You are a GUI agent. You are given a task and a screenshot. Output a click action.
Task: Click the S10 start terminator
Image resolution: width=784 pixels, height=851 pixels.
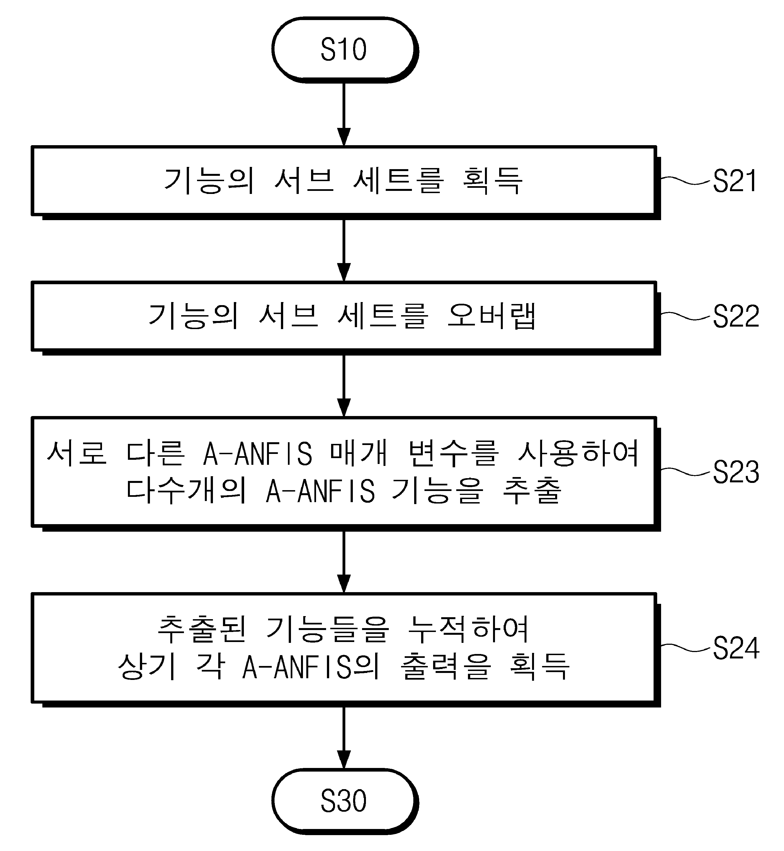[344, 50]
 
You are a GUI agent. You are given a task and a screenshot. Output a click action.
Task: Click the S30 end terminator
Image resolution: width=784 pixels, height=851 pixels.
[344, 801]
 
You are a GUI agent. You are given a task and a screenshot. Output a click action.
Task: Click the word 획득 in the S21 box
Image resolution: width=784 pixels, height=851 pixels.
[492, 181]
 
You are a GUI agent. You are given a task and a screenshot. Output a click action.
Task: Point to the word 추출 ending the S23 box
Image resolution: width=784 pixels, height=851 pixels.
[532, 491]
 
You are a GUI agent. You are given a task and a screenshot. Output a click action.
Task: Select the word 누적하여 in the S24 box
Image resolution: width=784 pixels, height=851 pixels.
[468, 629]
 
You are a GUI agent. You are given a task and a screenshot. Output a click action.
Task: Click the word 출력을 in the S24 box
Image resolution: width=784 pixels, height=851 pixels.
[445, 667]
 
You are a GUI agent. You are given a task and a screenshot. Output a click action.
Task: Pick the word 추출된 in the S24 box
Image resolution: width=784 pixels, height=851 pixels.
[202, 629]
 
